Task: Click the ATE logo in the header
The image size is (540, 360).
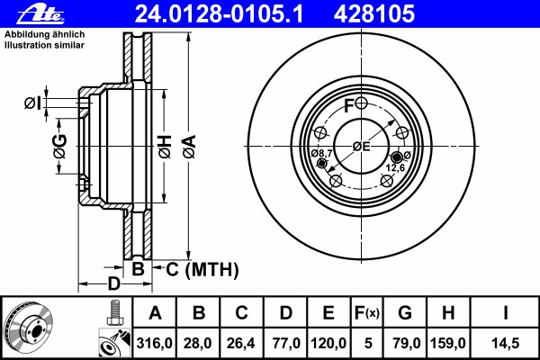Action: coord(40,14)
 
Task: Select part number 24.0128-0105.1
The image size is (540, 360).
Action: coord(219,14)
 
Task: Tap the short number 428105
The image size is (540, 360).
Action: coord(374,14)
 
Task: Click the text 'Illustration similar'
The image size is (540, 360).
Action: coord(44,45)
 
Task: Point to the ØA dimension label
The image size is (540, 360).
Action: coord(189,147)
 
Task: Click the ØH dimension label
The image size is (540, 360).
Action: coord(165,147)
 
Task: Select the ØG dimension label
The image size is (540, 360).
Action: coord(60,147)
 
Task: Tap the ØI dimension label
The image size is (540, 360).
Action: coord(32,103)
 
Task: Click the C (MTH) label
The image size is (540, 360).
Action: coord(202,269)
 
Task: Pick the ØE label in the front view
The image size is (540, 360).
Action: coord(361,147)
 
